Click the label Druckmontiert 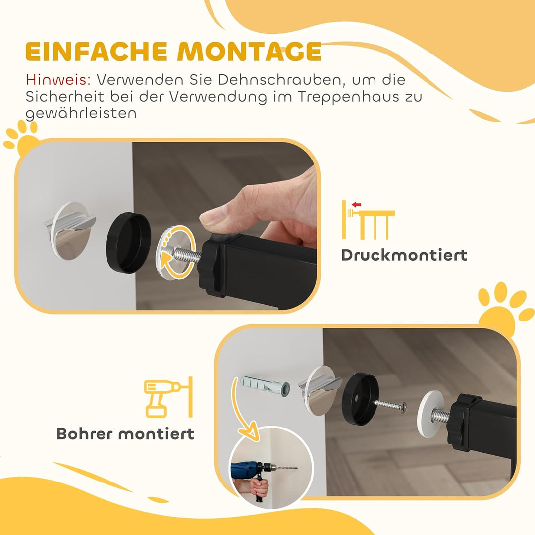404,255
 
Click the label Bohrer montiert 125,434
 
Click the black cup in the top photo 128,243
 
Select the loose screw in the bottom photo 390,405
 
